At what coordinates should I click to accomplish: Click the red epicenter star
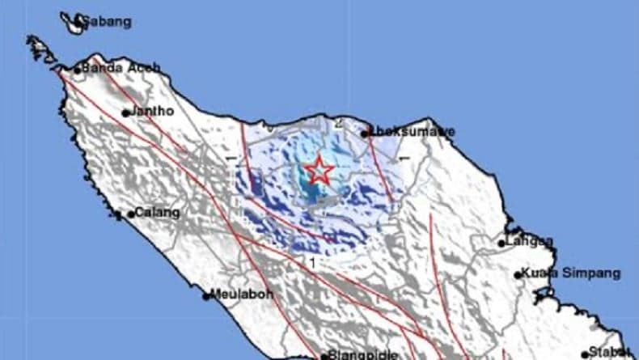[x=319, y=171]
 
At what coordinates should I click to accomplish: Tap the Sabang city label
[x=109, y=22]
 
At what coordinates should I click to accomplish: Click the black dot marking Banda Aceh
[x=78, y=70]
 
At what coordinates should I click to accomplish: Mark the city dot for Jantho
[x=126, y=113]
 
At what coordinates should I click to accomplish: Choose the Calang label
[x=156, y=213]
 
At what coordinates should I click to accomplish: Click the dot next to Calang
[x=130, y=214]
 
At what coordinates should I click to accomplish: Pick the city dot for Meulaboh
[x=207, y=295]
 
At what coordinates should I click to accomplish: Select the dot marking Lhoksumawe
[x=366, y=132]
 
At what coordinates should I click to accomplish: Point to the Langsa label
[x=530, y=241]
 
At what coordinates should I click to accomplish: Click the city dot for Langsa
[x=501, y=243]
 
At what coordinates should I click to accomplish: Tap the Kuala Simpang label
[x=572, y=273]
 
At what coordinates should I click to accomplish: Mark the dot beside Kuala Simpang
[x=518, y=275]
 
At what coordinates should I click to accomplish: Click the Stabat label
[x=613, y=352]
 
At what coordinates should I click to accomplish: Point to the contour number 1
[x=311, y=262]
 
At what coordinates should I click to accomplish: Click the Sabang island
[x=74, y=26]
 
